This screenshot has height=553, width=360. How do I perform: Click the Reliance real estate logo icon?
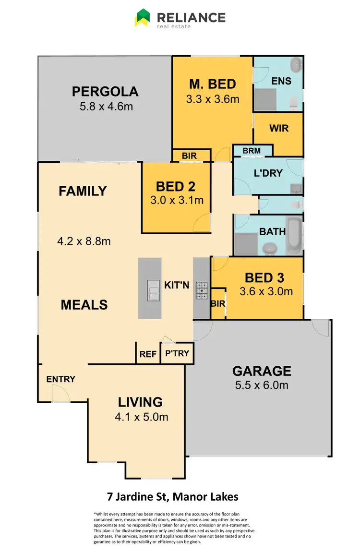tap(142, 18)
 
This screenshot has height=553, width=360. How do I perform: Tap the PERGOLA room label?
tap(105, 91)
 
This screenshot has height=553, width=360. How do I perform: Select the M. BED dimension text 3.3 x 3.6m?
tap(213, 99)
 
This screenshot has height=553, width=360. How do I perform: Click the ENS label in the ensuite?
tap(281, 81)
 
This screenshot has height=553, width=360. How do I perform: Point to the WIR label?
tap(278, 129)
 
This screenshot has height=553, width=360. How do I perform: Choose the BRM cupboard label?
tap(252, 151)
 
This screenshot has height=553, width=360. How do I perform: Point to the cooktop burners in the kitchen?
tap(202, 290)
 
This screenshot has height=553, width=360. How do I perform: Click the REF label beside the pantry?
tap(148, 354)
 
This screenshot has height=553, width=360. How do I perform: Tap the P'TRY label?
tap(177, 354)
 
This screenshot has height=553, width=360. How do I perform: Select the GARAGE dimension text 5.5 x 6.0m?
tap(262, 385)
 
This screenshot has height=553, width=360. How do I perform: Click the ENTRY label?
tap(61, 379)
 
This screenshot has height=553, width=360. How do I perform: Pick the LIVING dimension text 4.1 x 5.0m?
tap(141, 417)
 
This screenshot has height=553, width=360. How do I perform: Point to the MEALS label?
tap(84, 305)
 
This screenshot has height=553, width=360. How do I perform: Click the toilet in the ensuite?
tap(295, 101)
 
